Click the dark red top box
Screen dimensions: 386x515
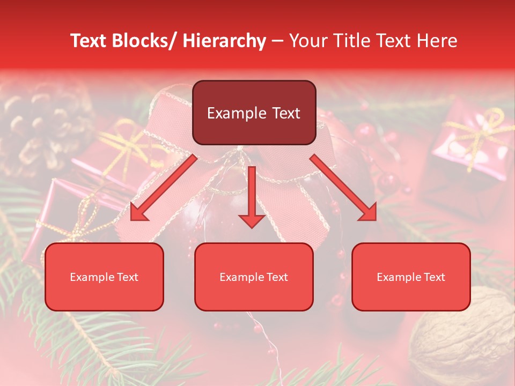coord(254,113)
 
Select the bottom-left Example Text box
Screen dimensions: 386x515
coord(104,277)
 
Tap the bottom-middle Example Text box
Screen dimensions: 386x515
coord(254,277)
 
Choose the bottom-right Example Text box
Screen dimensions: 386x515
coord(411,277)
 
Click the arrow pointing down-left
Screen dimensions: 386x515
coord(164,188)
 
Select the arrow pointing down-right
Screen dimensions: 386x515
coord(344,188)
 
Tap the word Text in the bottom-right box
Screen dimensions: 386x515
coord(434,277)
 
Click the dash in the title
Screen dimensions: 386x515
coord(277,41)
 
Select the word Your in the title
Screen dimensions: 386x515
coord(307,41)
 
